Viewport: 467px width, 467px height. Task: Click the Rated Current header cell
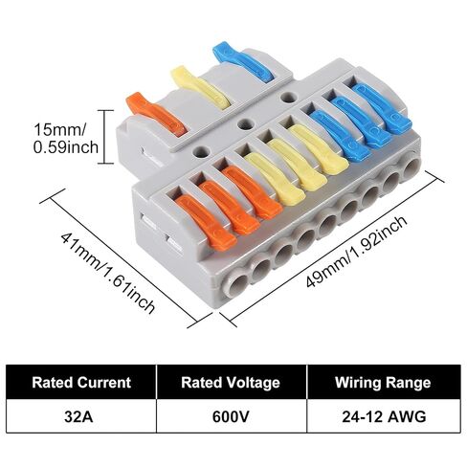[x=81, y=382]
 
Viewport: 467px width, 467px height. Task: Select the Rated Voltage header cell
[x=231, y=382]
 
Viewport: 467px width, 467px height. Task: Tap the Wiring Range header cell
[x=383, y=382]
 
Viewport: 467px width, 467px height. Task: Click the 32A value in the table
[x=78, y=416]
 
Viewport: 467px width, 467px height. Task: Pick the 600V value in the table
[x=231, y=416]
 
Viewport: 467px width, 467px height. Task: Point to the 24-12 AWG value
[x=384, y=416]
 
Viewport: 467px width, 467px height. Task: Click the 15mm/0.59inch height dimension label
[x=66, y=139]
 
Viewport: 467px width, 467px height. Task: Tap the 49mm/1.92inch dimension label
[x=357, y=252]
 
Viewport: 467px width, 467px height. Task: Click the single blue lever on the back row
[x=243, y=61]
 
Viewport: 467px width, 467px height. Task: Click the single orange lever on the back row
[x=156, y=114]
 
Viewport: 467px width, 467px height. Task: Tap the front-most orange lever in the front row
[x=207, y=222]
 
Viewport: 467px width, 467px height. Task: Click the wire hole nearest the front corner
[x=235, y=282]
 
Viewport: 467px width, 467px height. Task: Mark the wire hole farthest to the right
[x=413, y=168]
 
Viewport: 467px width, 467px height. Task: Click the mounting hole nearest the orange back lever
[x=200, y=151]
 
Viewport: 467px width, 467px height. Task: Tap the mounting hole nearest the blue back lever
[x=288, y=97]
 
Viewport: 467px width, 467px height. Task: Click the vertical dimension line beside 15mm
[x=105, y=137]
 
